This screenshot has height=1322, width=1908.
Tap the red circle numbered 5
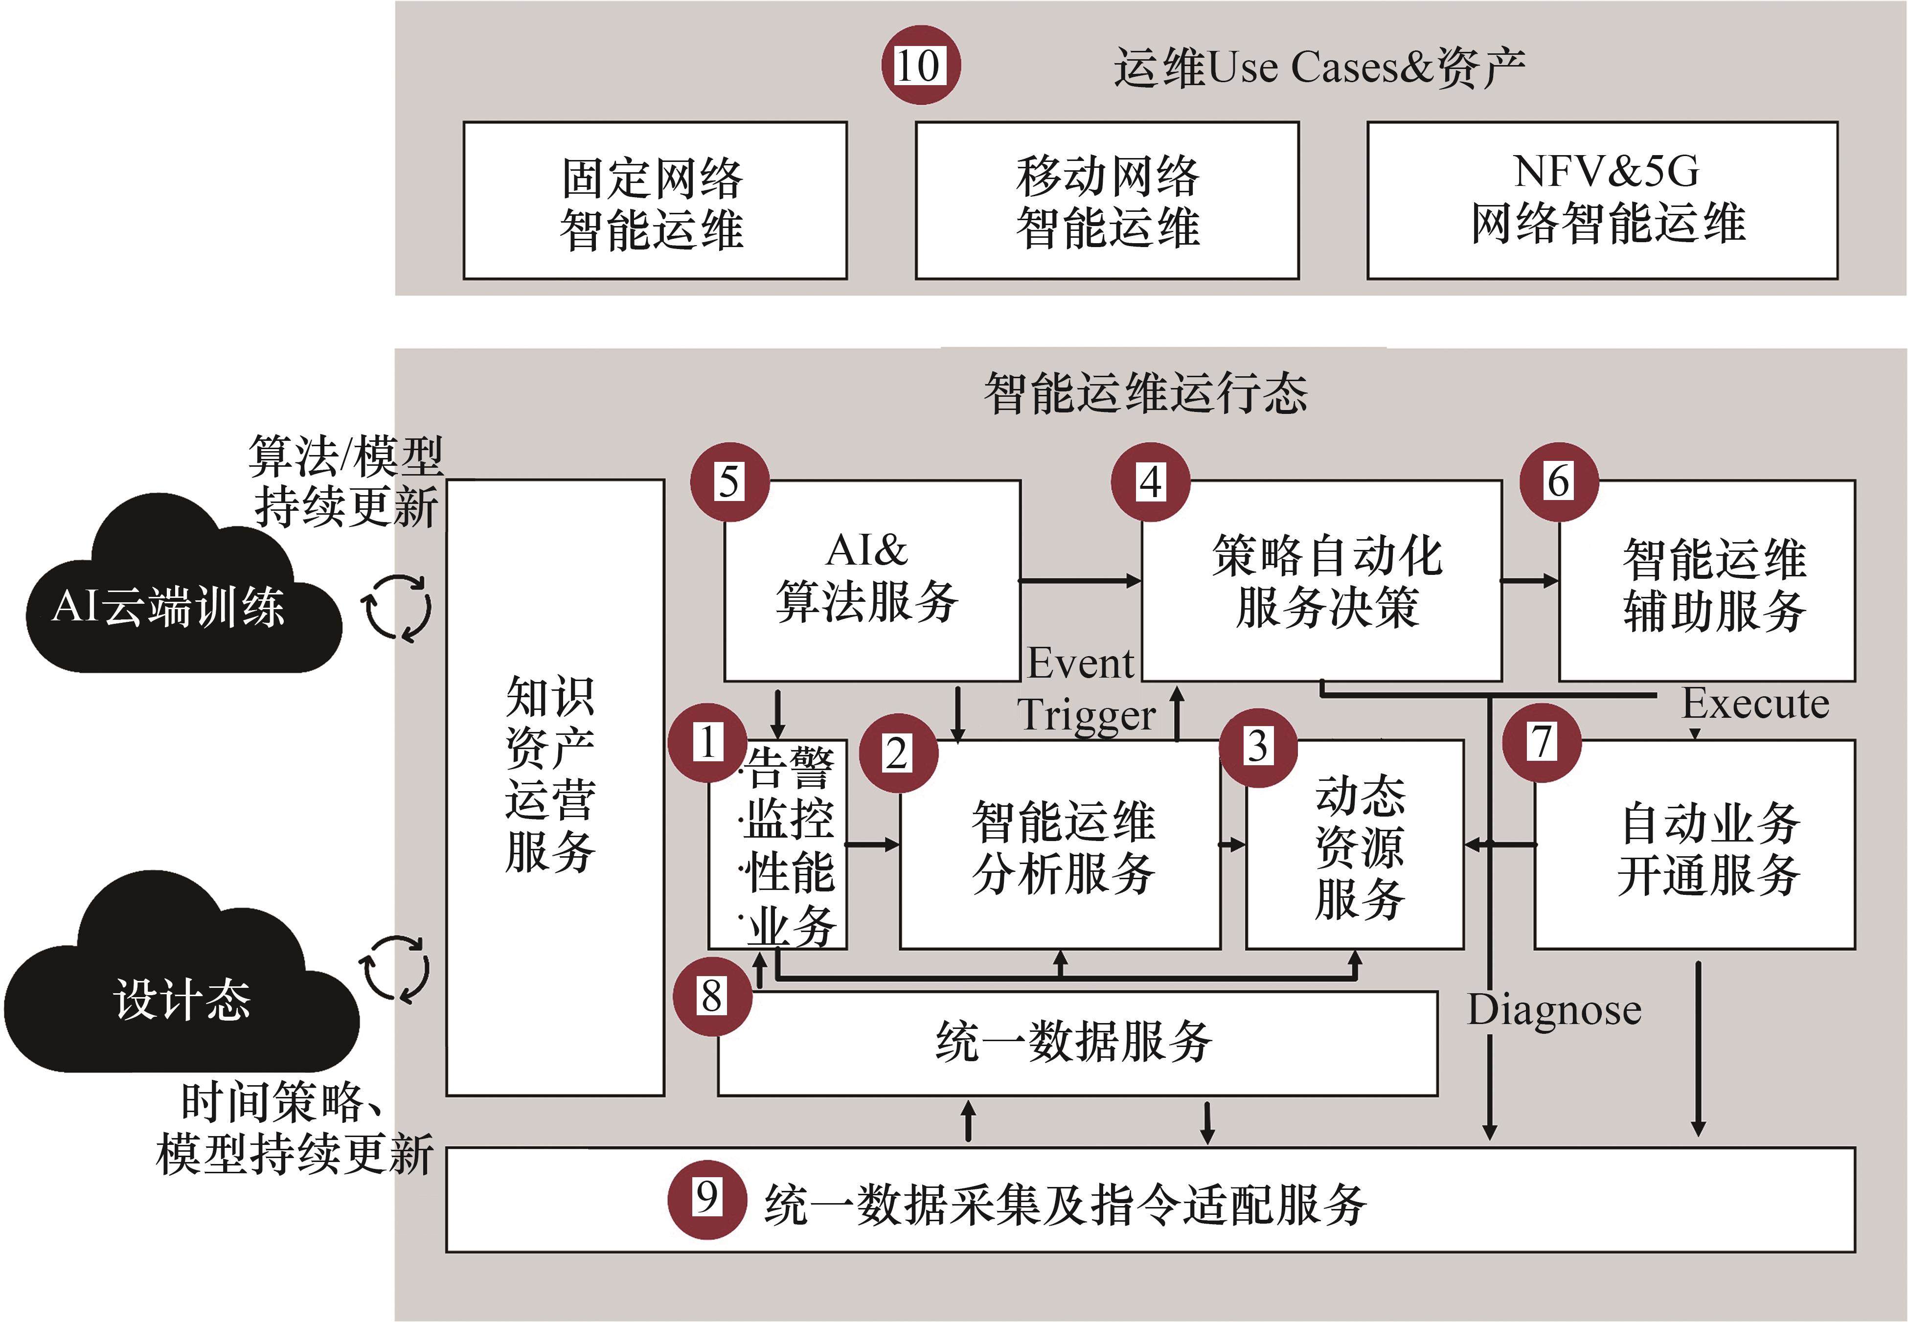(x=729, y=482)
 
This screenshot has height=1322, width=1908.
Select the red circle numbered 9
(x=706, y=1199)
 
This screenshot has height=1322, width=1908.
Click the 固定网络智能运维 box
(x=654, y=201)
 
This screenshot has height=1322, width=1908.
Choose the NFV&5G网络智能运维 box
(x=1602, y=201)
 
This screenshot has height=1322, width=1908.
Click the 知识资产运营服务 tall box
(x=555, y=787)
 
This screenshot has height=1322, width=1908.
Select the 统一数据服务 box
(x=1077, y=1042)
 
